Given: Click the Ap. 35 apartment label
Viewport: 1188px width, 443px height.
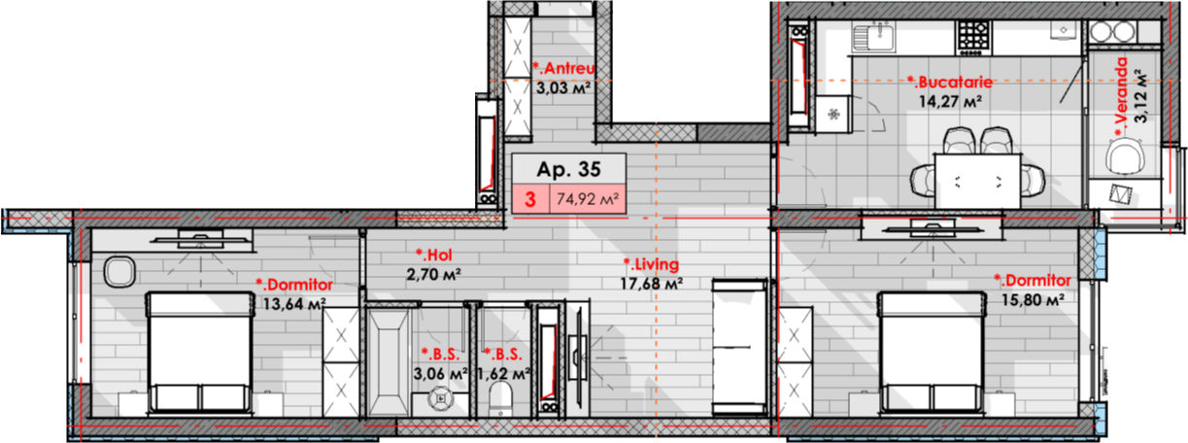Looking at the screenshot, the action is (x=568, y=169).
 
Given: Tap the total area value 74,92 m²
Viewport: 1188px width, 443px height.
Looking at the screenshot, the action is (x=588, y=199).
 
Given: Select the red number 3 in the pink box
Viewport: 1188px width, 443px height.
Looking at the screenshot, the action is (x=529, y=200).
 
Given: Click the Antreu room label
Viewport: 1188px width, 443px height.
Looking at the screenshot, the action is (x=563, y=68).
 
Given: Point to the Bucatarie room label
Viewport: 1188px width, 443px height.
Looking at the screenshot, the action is (x=949, y=83).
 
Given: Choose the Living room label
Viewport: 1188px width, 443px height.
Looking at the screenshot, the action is (x=651, y=263).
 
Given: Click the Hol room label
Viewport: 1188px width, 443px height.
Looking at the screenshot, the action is (x=434, y=255).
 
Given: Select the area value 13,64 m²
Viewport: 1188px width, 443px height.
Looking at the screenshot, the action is (x=294, y=304).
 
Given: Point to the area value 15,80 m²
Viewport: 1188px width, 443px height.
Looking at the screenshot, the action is (x=1033, y=300).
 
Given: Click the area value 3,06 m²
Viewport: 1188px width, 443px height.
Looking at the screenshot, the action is (x=440, y=373).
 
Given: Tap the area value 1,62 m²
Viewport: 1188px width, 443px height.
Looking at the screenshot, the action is (x=504, y=373).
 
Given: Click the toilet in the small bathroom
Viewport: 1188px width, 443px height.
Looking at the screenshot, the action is (x=500, y=399).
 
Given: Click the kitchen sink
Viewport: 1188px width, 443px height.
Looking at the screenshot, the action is (x=873, y=37).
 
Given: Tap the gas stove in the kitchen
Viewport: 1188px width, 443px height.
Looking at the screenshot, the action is (x=973, y=37).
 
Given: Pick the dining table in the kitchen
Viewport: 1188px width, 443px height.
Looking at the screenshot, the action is (x=977, y=181).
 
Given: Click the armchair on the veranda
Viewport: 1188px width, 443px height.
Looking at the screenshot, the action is (x=1123, y=156).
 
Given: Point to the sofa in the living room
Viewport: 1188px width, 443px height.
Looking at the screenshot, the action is (x=739, y=347).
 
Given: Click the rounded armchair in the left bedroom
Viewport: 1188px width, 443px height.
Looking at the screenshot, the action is (x=119, y=272).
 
